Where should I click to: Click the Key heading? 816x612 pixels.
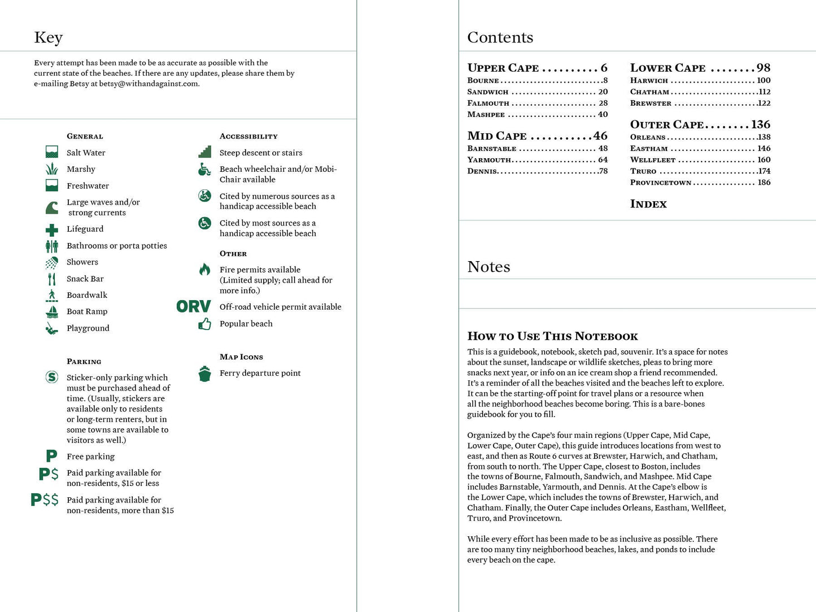(48, 37)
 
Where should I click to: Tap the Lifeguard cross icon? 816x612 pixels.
(52, 229)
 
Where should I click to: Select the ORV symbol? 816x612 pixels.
(193, 307)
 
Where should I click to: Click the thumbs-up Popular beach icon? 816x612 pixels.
(204, 324)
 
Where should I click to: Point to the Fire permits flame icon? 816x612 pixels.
(204, 270)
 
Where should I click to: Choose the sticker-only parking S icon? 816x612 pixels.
(51, 377)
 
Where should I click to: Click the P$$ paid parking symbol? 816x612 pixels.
(45, 500)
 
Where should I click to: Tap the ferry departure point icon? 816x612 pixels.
(204, 374)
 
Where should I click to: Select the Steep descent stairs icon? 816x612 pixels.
(204, 152)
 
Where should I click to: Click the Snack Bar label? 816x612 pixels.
(85, 279)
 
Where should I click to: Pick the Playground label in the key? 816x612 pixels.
(88, 328)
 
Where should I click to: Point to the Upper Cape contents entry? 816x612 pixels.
(503, 68)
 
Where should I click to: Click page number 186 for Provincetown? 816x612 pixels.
(763, 183)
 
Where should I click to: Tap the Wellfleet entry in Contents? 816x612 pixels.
(653, 160)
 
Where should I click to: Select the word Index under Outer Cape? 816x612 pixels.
(648, 204)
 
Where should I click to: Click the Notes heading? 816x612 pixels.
(488, 267)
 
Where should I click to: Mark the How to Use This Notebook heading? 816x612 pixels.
(552, 336)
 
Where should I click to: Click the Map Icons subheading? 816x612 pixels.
(241, 357)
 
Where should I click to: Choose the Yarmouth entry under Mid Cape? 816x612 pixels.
(489, 160)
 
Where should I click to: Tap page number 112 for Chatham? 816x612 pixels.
(765, 92)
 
